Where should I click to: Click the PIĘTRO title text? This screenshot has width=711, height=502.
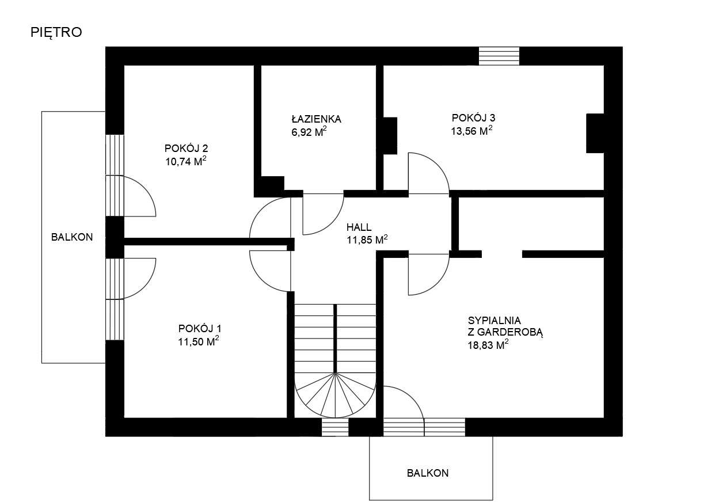pyautogui.click(x=56, y=32)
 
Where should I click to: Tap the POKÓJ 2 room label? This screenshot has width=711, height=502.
pyautogui.click(x=186, y=148)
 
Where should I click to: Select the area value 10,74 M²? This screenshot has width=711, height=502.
pyautogui.click(x=186, y=161)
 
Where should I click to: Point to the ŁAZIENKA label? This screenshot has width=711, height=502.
pyautogui.click(x=316, y=119)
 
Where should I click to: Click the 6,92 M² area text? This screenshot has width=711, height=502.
pyautogui.click(x=309, y=131)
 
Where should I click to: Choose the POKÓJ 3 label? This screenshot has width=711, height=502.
pyautogui.click(x=473, y=117)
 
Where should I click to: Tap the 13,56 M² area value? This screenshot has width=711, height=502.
pyautogui.click(x=472, y=131)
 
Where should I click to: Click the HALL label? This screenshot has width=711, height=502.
pyautogui.click(x=359, y=227)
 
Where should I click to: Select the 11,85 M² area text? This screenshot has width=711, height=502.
pyautogui.click(x=367, y=239)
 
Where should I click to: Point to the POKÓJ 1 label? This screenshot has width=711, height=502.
pyautogui.click(x=200, y=328)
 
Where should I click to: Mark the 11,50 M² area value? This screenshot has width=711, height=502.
pyautogui.click(x=199, y=341)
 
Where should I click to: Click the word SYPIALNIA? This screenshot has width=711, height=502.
pyautogui.click(x=494, y=320)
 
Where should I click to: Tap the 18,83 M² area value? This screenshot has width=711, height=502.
pyautogui.click(x=488, y=345)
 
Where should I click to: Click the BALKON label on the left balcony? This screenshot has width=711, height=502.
pyautogui.click(x=72, y=237)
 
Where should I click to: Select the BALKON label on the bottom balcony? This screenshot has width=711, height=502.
pyautogui.click(x=428, y=473)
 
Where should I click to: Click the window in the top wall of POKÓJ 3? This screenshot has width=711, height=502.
pyautogui.click(x=499, y=56)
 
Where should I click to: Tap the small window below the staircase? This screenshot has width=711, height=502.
pyautogui.click(x=335, y=427)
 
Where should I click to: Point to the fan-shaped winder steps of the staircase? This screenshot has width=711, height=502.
pyautogui.click(x=335, y=396)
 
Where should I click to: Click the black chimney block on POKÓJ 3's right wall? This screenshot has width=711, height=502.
pyautogui.click(x=595, y=134)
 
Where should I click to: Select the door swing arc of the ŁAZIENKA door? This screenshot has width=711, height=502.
pyautogui.click(x=332, y=222)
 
